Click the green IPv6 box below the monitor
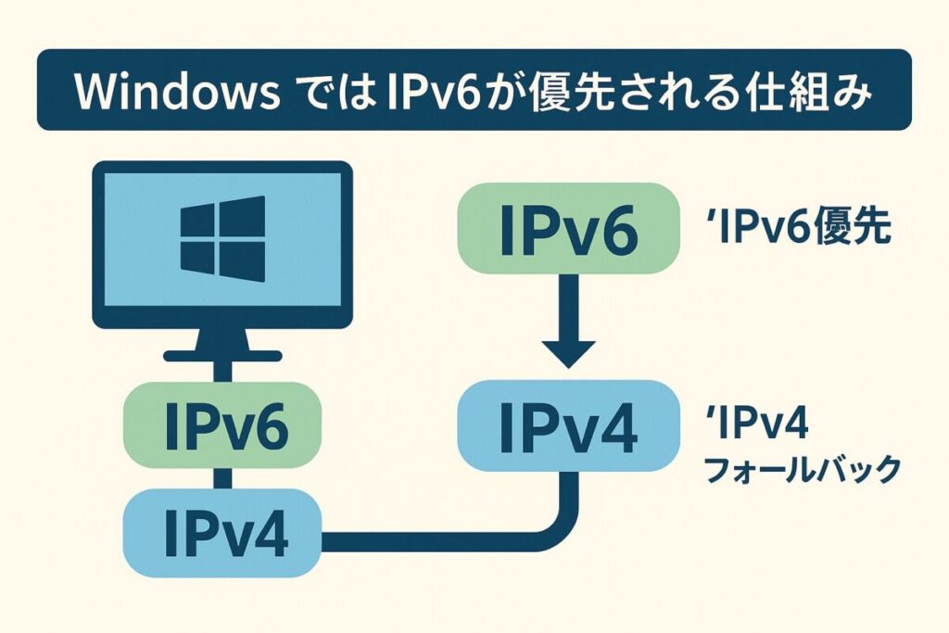click(x=222, y=424)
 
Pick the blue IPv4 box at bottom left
click(x=222, y=533)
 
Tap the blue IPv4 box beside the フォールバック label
click(x=568, y=424)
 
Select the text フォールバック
click(x=803, y=470)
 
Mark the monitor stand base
click(x=222, y=355)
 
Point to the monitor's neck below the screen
click(x=222, y=339)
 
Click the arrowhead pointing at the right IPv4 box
click(x=568, y=352)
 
